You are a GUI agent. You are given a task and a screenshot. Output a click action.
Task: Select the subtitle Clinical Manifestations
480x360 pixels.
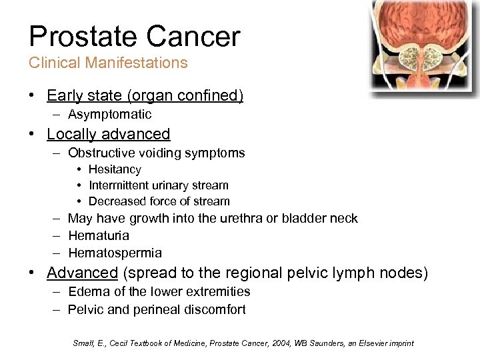click(108, 63)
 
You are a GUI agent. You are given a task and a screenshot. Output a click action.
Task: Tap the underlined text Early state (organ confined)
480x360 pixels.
click(145, 96)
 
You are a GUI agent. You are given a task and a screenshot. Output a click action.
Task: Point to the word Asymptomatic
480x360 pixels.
click(109, 115)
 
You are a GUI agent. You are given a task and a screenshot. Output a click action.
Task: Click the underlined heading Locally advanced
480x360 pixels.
click(108, 134)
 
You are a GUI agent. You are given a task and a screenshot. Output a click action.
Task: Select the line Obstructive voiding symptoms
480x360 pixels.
click(156, 153)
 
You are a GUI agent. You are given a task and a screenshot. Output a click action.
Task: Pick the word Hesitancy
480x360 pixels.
click(115, 170)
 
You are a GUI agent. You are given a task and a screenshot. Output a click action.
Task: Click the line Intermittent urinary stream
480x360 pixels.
click(158, 185)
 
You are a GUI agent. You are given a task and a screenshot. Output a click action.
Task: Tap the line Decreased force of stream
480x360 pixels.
click(159, 201)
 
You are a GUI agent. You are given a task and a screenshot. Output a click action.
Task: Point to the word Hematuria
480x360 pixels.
click(99, 235)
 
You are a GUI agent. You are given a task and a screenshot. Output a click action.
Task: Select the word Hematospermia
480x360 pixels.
click(115, 253)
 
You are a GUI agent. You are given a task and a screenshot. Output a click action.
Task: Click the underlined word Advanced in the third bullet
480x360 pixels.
click(82, 273)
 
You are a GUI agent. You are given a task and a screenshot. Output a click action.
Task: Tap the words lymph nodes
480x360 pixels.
click(389, 273)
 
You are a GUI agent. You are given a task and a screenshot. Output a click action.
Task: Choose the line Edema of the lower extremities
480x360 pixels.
click(159, 292)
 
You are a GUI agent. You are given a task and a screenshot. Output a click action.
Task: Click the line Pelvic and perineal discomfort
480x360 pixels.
click(157, 309)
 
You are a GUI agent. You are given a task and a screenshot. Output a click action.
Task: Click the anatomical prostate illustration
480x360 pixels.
click(425, 47)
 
